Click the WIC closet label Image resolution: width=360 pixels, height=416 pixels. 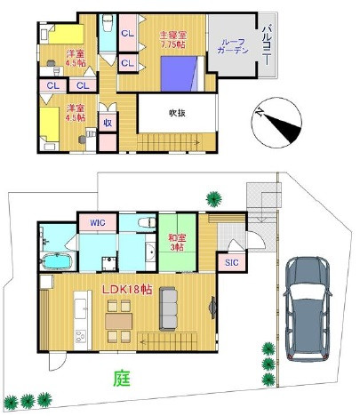[97, 222]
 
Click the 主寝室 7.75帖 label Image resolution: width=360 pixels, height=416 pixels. [172, 39]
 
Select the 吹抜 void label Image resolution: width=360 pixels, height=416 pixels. [177, 113]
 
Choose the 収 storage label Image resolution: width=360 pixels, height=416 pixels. [107, 124]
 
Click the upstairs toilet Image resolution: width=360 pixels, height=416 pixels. [107, 25]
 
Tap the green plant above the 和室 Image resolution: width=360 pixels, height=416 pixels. [212, 197]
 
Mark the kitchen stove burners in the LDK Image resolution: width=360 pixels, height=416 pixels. [78, 336]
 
